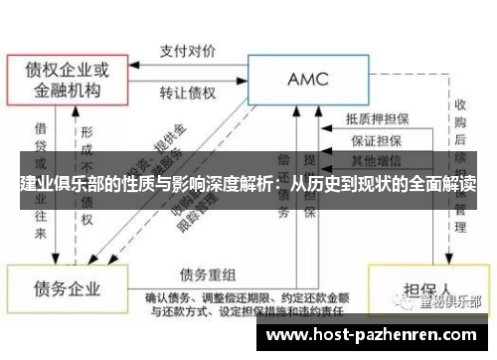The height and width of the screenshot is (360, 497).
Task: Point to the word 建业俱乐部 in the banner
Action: tap(60, 184)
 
